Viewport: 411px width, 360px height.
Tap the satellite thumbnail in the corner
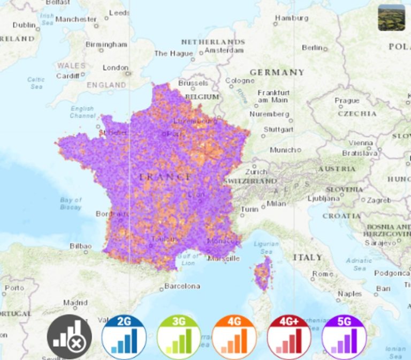(x=391, y=18)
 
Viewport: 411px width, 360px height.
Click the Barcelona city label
(x=182, y=286)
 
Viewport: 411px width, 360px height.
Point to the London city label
(x=116, y=68)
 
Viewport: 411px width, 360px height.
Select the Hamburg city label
(x=292, y=18)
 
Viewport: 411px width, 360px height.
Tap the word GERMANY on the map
(x=277, y=72)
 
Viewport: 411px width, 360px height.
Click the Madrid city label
(x=75, y=303)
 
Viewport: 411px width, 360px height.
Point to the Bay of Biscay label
(x=71, y=204)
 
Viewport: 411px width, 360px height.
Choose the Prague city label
(x=347, y=100)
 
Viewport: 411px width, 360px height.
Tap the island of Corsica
(x=262, y=274)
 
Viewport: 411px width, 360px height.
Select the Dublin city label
(x=24, y=25)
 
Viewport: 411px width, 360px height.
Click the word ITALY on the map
(x=308, y=258)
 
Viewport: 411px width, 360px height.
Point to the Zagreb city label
(x=379, y=200)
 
